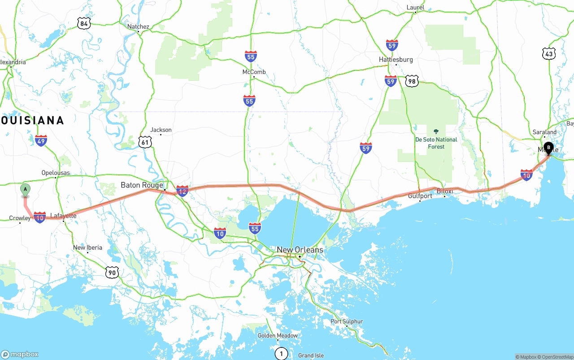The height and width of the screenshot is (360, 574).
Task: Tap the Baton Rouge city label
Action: (x=142, y=185)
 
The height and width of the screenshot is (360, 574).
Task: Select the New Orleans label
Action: (x=300, y=250)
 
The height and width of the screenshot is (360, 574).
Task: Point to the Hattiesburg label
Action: (x=396, y=60)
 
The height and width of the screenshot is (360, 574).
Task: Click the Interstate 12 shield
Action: (x=182, y=191)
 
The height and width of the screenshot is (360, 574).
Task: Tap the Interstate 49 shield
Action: (x=41, y=140)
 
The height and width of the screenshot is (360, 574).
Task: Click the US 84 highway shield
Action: (x=83, y=23)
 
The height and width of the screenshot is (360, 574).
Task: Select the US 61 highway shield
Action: (x=145, y=142)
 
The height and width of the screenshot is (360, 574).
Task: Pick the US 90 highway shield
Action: (x=112, y=272)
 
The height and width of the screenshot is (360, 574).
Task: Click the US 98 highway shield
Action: (x=412, y=81)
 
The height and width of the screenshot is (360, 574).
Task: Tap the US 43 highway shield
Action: (x=548, y=54)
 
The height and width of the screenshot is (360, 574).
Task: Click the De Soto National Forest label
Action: (x=436, y=143)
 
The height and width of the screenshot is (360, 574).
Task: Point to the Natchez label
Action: (x=138, y=26)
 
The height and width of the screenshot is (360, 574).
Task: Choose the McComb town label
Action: (x=254, y=72)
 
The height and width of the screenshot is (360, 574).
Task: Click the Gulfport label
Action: (x=420, y=196)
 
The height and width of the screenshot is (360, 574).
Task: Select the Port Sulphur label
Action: (x=347, y=321)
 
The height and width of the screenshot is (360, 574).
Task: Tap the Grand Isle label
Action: (x=311, y=356)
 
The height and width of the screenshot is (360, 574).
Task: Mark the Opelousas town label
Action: (x=56, y=173)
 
